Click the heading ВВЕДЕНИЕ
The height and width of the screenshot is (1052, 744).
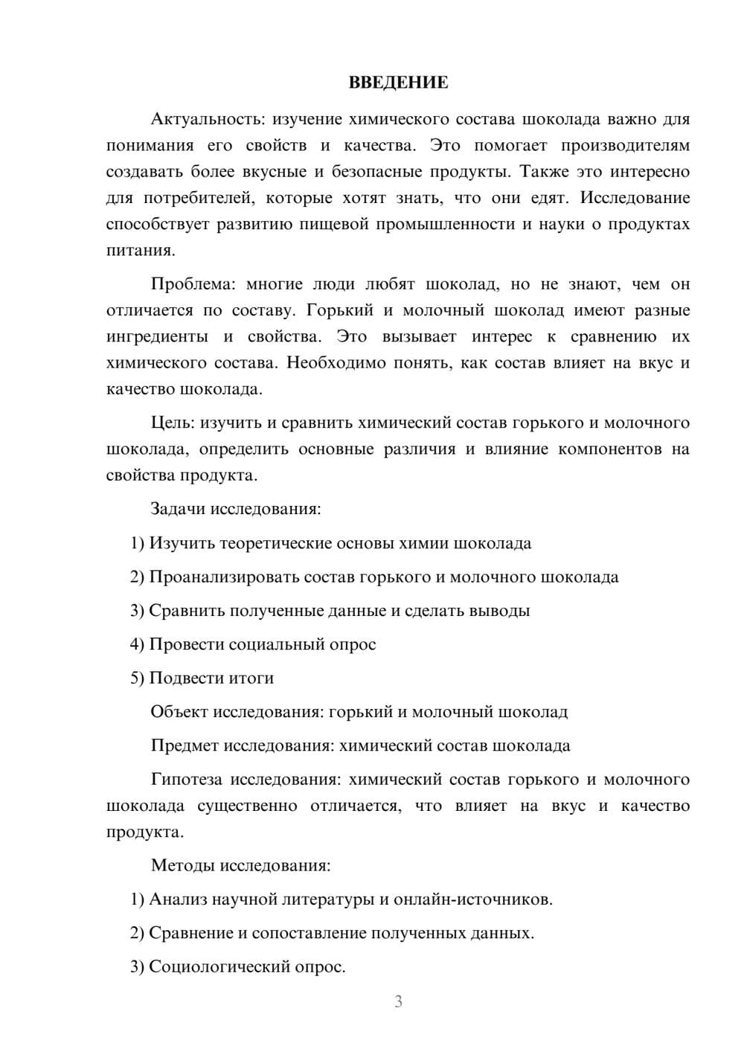click(398, 83)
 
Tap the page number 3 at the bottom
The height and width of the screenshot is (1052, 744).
click(398, 1001)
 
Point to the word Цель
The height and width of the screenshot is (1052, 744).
click(172, 423)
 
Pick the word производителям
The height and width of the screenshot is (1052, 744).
click(625, 145)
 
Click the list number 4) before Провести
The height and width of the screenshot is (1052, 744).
click(137, 644)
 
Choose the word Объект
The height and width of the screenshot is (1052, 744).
click(179, 712)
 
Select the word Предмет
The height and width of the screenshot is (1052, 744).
click(185, 745)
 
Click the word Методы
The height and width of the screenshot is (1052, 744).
click(180, 865)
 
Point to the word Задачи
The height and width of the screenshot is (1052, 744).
click(178, 510)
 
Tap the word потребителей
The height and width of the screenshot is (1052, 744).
click(196, 198)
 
